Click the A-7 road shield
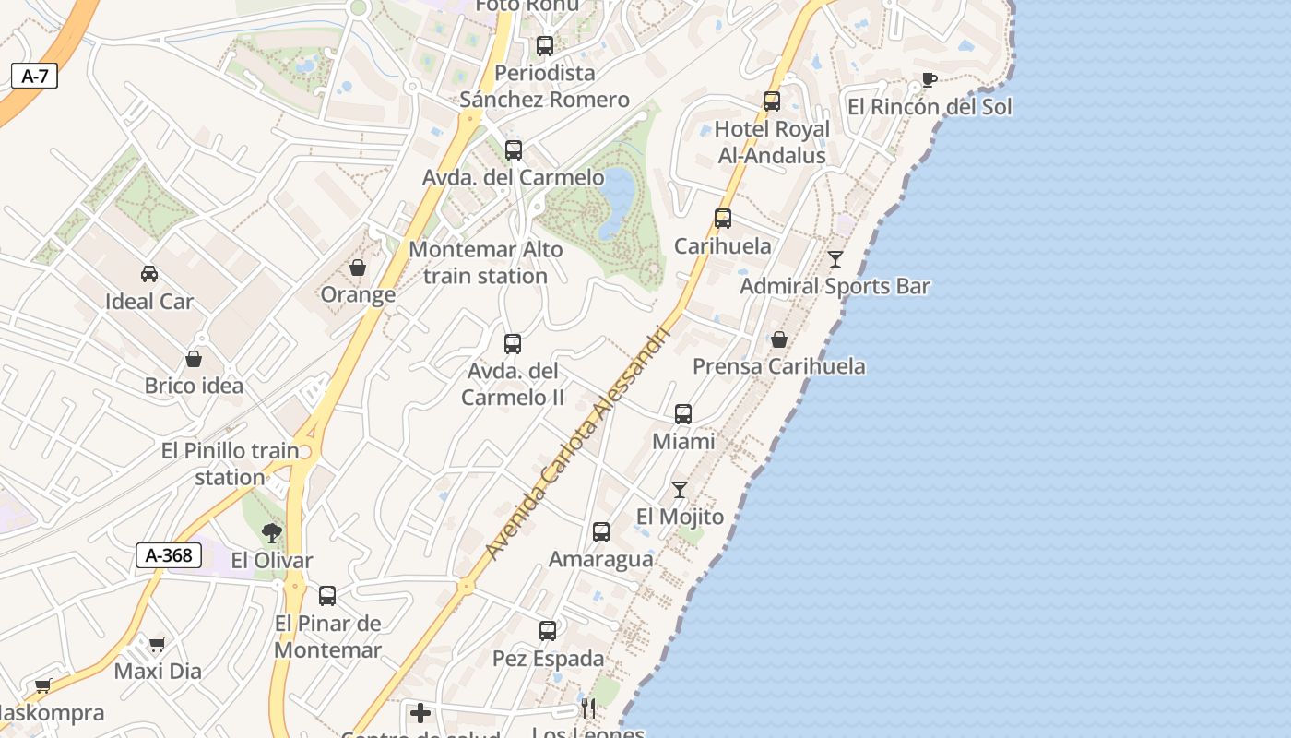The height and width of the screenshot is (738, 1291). tap(34, 76)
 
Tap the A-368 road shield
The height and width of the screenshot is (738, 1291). tap(169, 555)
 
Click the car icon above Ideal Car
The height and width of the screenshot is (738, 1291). tap(148, 273)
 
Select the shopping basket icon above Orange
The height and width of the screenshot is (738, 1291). tap(358, 268)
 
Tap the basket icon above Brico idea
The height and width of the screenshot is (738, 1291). tap(194, 358)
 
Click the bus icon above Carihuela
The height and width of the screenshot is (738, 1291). tap(723, 219)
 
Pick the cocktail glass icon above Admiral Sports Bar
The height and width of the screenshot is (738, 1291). tap(835, 259)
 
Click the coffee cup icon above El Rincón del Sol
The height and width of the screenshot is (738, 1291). tap(930, 79)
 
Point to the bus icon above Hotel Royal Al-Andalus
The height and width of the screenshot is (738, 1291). tap(772, 101)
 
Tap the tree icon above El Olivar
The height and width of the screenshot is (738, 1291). tap(271, 532)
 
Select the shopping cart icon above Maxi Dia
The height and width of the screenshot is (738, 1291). tap(158, 644)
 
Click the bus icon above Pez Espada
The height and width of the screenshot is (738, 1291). tap(548, 631)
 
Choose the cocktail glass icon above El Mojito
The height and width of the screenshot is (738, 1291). tap(680, 489)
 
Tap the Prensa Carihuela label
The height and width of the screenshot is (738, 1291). tap(779, 366)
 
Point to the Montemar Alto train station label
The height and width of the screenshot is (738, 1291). tap(485, 262)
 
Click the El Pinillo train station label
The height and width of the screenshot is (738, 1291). tap(230, 464)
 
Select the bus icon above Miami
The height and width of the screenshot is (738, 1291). tap(683, 414)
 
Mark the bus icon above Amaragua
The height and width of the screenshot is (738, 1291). tap(601, 532)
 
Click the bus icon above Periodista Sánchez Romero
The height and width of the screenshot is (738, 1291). tap(545, 45)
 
